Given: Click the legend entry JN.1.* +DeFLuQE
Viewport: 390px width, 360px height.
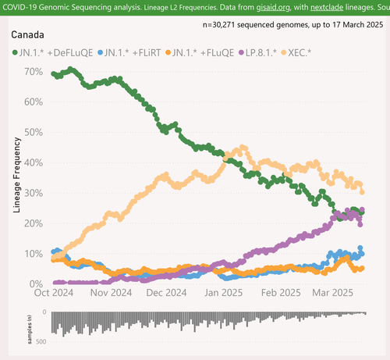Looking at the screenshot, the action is [x=52, y=53].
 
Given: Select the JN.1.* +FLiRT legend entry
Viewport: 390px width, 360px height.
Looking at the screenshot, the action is [x=129, y=53].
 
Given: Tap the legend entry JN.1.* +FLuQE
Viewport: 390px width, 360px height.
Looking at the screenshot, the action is [x=200, y=53].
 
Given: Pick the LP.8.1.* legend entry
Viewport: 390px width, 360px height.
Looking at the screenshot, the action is [x=257, y=53].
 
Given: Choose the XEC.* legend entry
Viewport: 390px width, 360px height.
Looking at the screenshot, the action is [x=296, y=53].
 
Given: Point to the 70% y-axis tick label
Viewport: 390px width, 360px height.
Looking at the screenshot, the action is [x=34, y=72].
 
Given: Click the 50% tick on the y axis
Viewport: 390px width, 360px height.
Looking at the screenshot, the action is [x=34, y=132].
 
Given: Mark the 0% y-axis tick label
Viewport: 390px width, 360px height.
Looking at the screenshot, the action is [x=36, y=284].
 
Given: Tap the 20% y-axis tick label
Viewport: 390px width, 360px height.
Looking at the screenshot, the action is [x=34, y=223].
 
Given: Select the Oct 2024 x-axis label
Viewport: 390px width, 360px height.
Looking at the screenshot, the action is [x=54, y=293].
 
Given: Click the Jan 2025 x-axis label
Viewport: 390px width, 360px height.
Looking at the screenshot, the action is [x=223, y=293].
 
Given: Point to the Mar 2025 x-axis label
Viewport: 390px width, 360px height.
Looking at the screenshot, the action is [x=332, y=293].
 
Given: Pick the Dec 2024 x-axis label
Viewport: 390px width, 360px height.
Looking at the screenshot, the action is [x=166, y=293].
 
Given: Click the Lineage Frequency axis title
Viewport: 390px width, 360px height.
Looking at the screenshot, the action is [x=16, y=175].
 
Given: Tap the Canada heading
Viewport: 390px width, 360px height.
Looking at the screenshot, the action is [x=27, y=35].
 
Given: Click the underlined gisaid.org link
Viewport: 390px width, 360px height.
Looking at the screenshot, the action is [x=273, y=7].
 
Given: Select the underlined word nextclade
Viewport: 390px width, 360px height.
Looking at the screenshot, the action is [x=327, y=7].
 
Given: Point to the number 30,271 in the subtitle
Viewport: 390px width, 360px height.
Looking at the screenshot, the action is [x=224, y=25].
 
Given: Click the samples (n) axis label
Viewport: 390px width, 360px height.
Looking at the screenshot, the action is [x=30, y=329].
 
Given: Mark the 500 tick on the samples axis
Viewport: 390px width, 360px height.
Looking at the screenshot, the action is [x=41, y=341].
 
